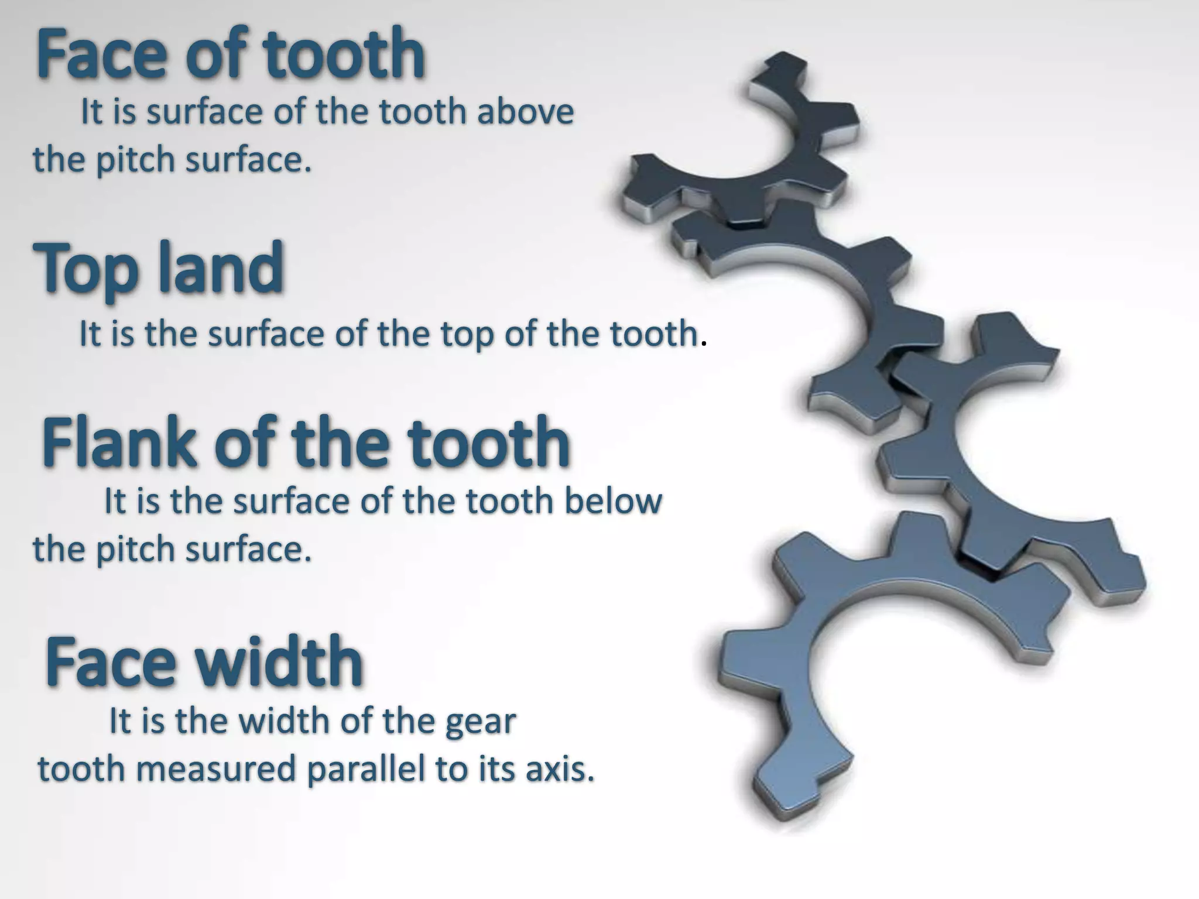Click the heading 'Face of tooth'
point(230,54)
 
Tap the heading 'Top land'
point(158,267)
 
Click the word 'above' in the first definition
point(525,111)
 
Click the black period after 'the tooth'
point(704,344)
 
